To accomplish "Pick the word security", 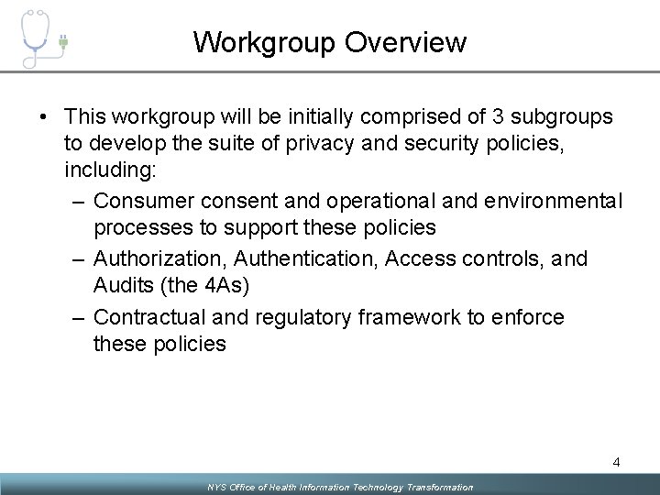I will [x=408, y=144].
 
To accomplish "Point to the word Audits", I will [x=125, y=285].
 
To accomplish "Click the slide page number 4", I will [x=617, y=463].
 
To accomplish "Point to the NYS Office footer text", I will [x=340, y=487].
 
